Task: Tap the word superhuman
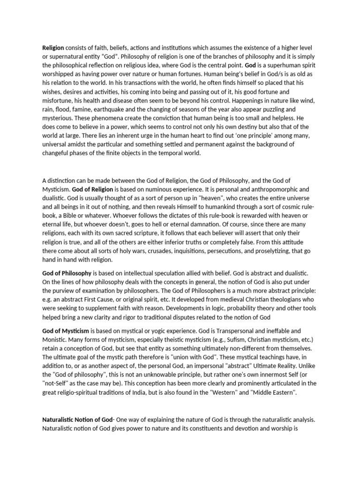click(283, 66)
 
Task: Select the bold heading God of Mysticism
click(66, 330)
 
